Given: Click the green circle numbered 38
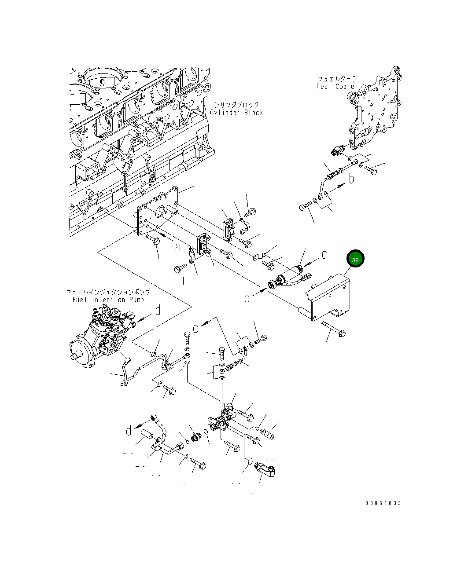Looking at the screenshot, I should tap(355, 260).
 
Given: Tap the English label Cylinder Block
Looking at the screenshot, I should tap(236, 113).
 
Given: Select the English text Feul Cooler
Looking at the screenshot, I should tap(337, 86).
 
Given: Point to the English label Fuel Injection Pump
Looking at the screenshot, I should tap(108, 300).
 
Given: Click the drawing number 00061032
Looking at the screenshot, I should tap(383, 503).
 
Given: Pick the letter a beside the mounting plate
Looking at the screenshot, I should tap(177, 248).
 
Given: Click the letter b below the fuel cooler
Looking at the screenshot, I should tap(351, 179).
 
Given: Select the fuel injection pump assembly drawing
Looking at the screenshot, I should tap(103, 339).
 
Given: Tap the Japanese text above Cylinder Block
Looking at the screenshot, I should tap(236, 105).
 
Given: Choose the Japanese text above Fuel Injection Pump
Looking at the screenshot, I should tap(108, 292).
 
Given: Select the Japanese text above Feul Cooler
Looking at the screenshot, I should tap(337, 79).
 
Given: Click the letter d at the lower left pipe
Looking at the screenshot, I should tap(129, 431).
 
